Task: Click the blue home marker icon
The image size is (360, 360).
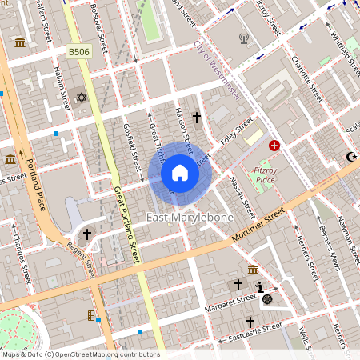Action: tap(180, 172)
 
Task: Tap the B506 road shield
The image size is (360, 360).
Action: tap(77, 51)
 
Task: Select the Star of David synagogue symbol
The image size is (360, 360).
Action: tap(80, 98)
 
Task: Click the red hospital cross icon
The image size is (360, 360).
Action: tap(274, 146)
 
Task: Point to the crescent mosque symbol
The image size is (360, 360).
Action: tap(350, 157)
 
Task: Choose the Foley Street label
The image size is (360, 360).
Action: tap(238, 130)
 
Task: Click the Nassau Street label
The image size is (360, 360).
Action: tap(242, 197)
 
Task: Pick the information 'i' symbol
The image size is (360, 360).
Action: tap(259, 287)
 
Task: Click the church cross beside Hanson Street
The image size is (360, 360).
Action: tap(197, 118)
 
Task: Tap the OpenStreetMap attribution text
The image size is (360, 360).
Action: tap(80, 354)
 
